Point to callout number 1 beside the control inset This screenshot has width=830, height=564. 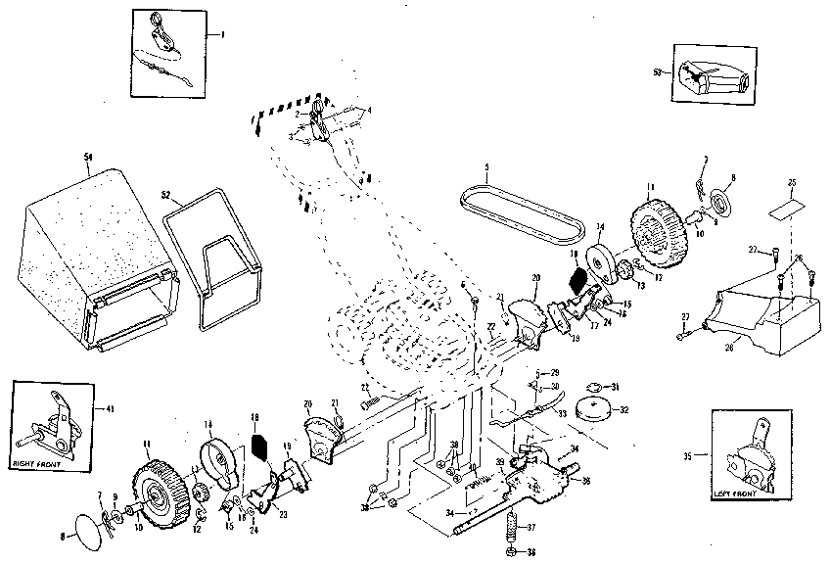coord(222,34)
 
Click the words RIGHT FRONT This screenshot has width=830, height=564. coord(36,459)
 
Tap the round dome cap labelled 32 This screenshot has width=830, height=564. coord(592,409)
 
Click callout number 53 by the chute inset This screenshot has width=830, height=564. coord(656,71)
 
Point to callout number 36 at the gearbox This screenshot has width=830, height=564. coord(586,480)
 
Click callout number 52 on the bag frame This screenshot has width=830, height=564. coord(166,194)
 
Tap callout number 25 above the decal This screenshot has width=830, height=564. coord(792,182)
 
